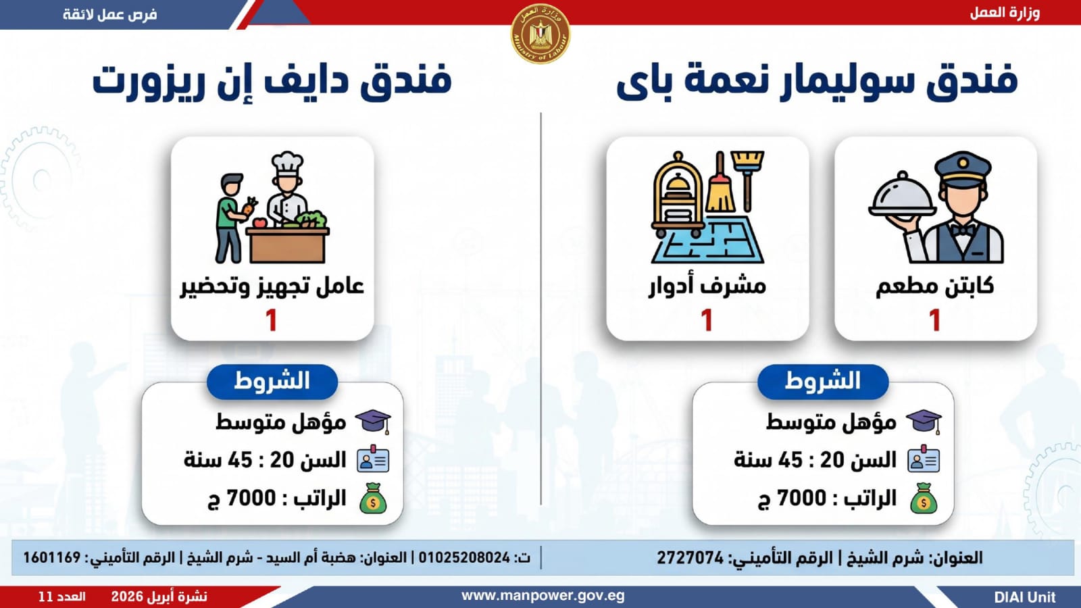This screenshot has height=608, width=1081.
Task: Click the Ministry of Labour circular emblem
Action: click(x=540, y=34)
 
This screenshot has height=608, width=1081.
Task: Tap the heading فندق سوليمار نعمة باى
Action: click(x=817, y=81)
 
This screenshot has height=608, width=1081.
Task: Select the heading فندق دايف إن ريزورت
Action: click(x=272, y=81)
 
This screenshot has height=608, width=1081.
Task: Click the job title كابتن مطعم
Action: click(x=935, y=286)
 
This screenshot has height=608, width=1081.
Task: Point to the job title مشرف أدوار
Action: click(x=707, y=286)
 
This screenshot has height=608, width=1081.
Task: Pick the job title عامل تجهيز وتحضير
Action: click(x=272, y=286)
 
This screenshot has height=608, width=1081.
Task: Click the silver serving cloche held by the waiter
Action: click(x=901, y=194)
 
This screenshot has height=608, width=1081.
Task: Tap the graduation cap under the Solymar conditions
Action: click(x=924, y=422)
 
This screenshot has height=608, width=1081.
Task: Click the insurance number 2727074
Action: click(x=690, y=558)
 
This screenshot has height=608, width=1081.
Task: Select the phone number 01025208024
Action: click(x=463, y=558)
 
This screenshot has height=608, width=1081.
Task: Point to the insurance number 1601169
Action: click(x=51, y=558)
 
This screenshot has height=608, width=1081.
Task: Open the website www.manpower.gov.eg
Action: click(x=543, y=597)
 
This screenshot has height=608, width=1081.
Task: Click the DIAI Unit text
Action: click(x=1025, y=597)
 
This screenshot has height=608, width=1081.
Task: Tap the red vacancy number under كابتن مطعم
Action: click(x=935, y=320)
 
